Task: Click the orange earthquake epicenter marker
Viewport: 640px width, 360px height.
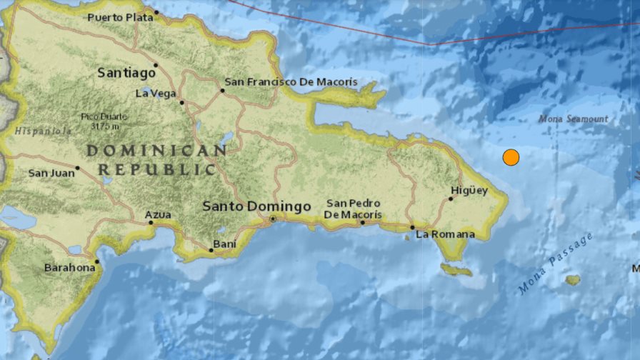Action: [x=511, y=157]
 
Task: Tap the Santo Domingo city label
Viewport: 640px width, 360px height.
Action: [x=256, y=206]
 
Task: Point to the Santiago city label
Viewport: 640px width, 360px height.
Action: [x=126, y=73]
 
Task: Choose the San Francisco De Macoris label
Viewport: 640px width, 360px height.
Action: [x=291, y=82]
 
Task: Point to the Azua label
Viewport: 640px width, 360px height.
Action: [x=158, y=214]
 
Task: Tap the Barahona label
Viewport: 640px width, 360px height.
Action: [x=69, y=267]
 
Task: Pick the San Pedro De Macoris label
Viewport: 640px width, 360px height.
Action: [x=353, y=209]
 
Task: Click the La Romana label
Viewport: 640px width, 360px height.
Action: [x=445, y=234]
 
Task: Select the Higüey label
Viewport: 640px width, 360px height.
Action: [x=469, y=190]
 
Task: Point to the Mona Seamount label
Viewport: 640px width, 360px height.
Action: [x=574, y=119]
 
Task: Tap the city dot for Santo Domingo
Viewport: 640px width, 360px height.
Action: [x=273, y=219]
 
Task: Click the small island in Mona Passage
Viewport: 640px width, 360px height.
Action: [x=573, y=280]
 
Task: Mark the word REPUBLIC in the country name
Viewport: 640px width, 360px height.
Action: [x=156, y=169]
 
